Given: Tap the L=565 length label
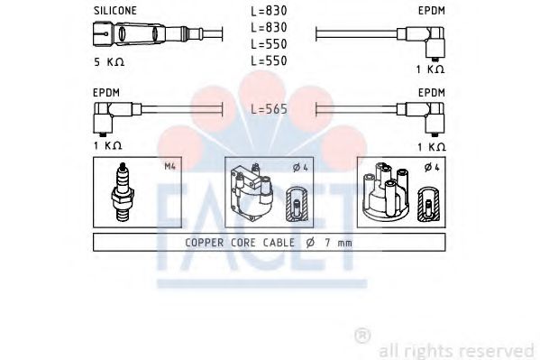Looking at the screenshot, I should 269,108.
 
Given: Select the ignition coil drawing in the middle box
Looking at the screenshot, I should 254,192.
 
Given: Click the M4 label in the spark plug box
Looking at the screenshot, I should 169,166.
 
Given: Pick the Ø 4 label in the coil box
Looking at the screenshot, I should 299,166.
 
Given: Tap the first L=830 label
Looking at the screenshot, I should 269,10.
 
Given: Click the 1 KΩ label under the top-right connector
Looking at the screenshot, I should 430,69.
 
